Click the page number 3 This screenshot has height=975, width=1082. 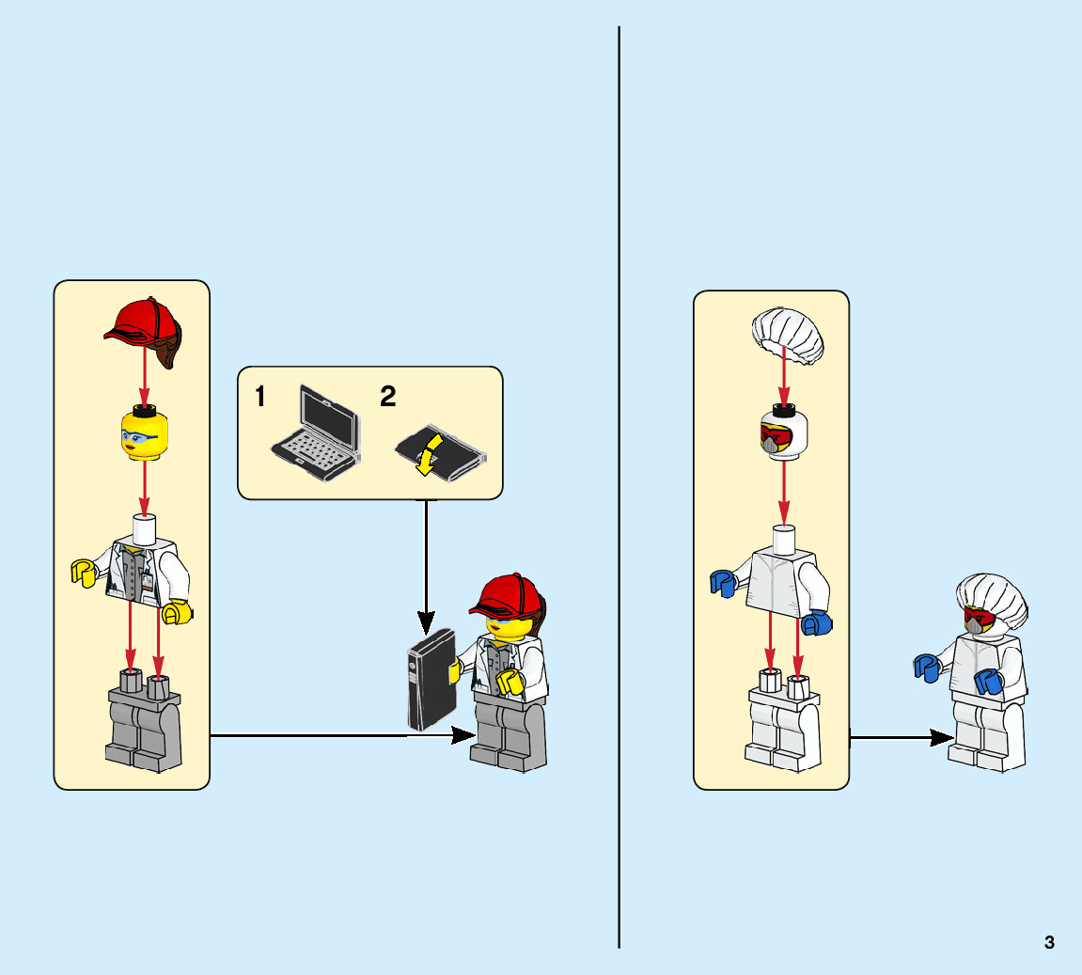click(1049, 942)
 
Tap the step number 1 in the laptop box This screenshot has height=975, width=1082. click(260, 398)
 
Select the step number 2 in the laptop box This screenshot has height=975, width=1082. click(387, 398)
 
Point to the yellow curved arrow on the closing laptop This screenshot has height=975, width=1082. click(430, 453)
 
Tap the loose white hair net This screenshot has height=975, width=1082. click(788, 337)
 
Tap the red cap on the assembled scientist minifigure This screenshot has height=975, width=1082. click(509, 595)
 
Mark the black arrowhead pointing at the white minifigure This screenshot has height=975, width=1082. click(942, 737)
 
